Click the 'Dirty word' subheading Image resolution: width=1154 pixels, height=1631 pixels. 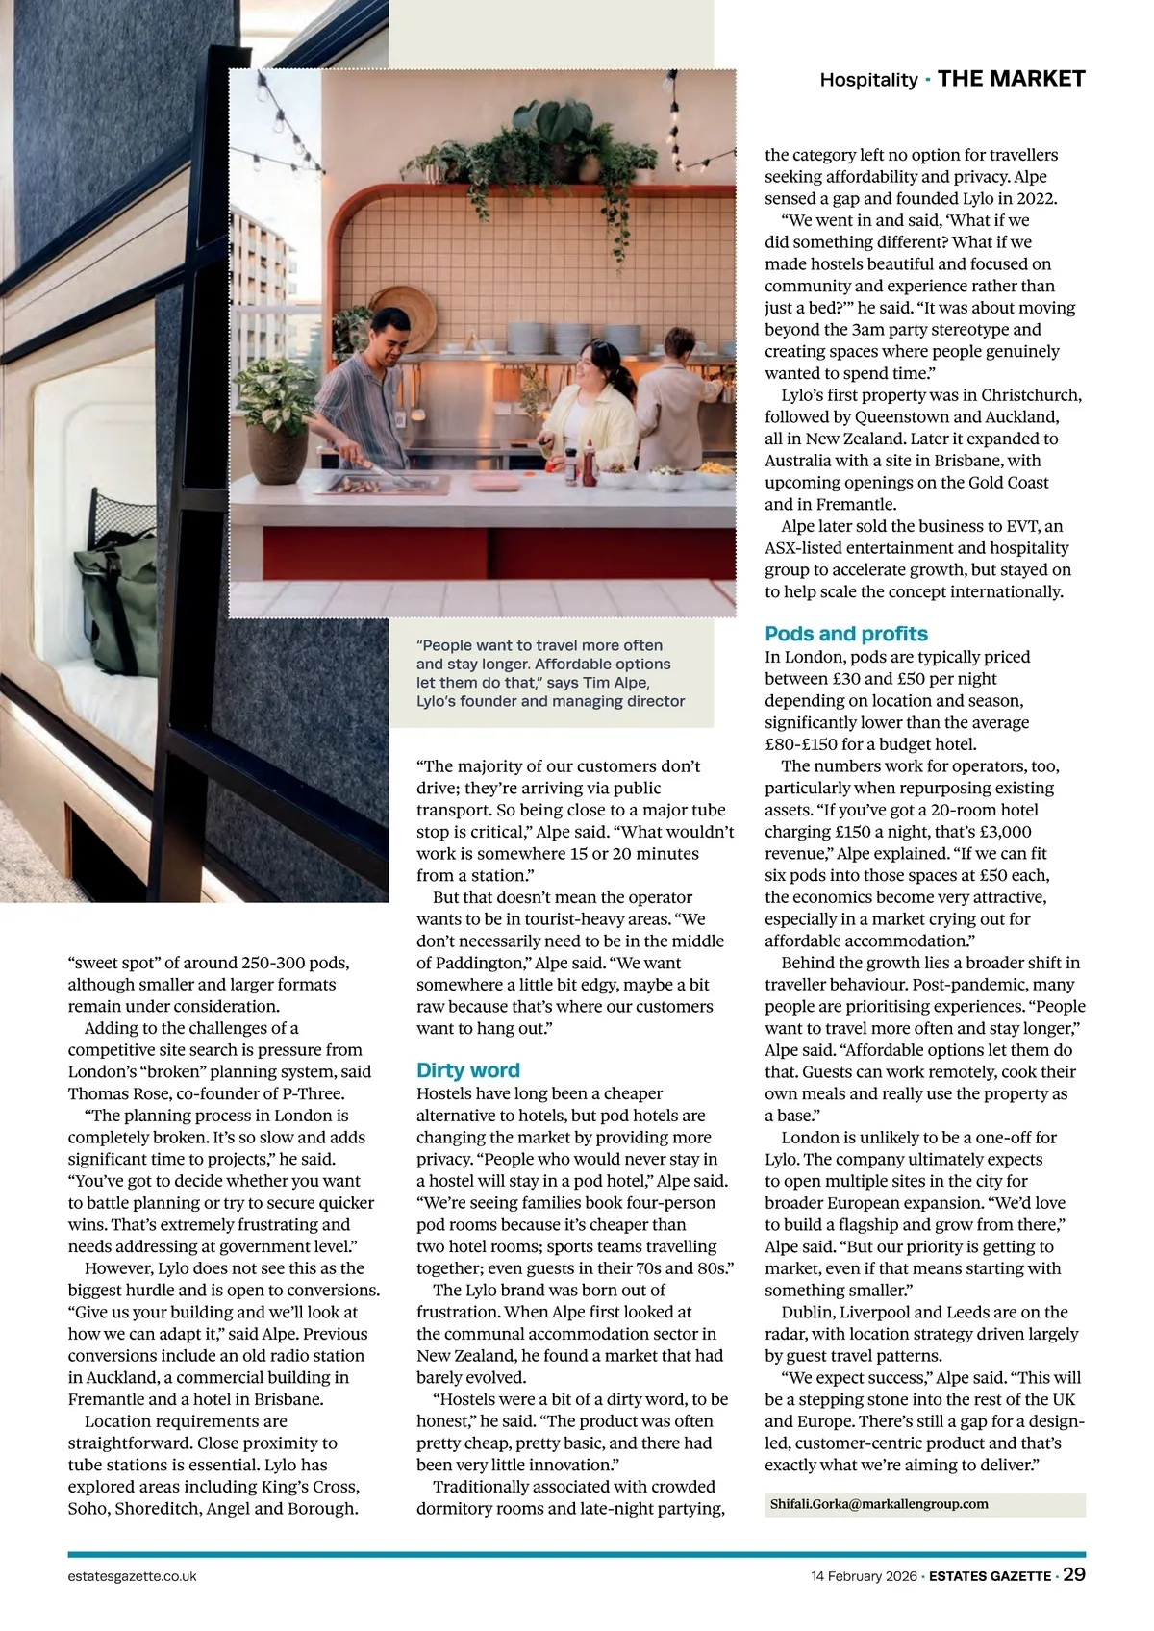pyautogui.click(x=467, y=1070)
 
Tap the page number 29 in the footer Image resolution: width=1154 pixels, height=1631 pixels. pyautogui.click(x=1074, y=1574)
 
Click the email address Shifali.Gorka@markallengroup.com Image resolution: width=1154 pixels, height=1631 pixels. pyautogui.click(x=879, y=1504)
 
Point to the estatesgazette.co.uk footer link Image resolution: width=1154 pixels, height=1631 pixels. pyautogui.click(x=133, y=1576)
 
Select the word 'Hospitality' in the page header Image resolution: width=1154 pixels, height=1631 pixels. pyautogui.click(x=868, y=80)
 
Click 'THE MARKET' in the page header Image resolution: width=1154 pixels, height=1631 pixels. pyautogui.click(x=1011, y=79)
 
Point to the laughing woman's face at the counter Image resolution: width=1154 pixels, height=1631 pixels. pyautogui.click(x=590, y=366)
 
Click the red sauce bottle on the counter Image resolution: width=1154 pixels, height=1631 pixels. pyautogui.click(x=590, y=466)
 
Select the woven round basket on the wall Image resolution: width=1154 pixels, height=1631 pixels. pyautogui.click(x=403, y=314)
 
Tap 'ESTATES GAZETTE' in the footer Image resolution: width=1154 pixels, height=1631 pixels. pyautogui.click(x=990, y=1576)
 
